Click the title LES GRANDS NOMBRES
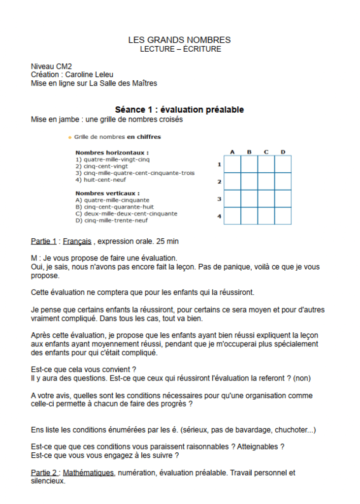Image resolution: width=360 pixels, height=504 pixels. click(179, 40)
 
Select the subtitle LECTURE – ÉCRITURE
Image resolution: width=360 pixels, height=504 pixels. click(180, 49)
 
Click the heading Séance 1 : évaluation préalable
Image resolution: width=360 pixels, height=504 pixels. click(179, 110)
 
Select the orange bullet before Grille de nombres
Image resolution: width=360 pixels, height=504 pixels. click(70, 137)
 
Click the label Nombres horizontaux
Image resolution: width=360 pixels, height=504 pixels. click(112, 153)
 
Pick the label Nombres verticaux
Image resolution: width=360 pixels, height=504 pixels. click(107, 193)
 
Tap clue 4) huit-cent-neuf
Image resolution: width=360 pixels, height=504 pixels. click(98, 180)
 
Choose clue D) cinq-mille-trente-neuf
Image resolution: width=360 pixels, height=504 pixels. click(112, 220)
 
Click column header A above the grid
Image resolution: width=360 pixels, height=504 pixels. click(232, 152)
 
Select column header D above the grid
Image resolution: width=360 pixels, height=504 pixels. click(283, 152)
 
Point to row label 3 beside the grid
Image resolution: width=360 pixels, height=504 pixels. click(219, 199)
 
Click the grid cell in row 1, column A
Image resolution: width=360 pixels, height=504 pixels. click(232, 164)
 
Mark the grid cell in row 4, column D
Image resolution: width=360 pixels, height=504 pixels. click(283, 216)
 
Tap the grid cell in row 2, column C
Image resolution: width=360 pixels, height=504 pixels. click(266, 181)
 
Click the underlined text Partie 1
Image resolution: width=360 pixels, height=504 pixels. click(43, 241)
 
